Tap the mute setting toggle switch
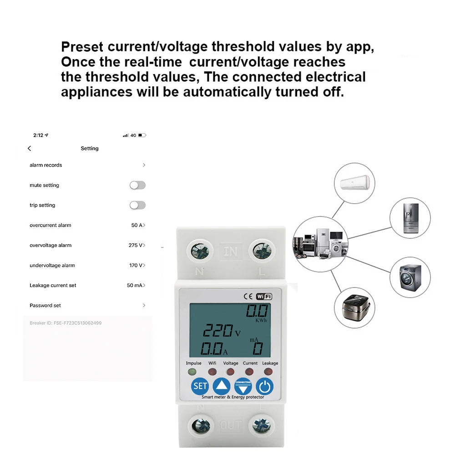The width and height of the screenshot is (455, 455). (x=137, y=185)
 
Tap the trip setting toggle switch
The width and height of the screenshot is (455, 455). (x=137, y=205)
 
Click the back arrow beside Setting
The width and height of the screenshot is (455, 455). (x=30, y=148)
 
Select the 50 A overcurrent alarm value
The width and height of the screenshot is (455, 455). (x=137, y=225)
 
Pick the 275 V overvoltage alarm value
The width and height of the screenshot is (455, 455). (x=136, y=245)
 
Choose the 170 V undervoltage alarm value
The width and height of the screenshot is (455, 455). (x=136, y=265)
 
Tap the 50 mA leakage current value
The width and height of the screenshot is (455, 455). (x=135, y=285)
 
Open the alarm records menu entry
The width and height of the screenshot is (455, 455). (x=46, y=165)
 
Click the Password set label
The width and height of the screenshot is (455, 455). (x=45, y=305)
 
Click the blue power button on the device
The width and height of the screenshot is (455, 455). (x=264, y=387)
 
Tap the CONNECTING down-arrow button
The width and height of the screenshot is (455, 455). (x=243, y=387)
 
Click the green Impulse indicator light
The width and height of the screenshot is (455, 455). (x=193, y=372)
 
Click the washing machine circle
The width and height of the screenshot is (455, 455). (x=410, y=277)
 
